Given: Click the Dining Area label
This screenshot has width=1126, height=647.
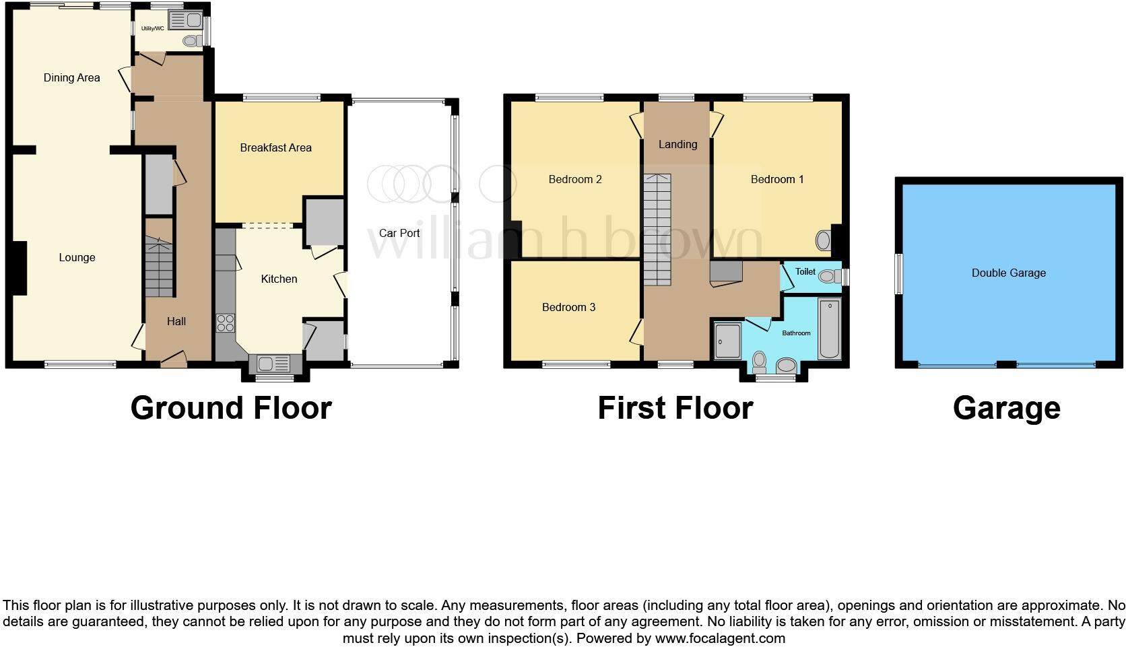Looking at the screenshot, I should [71, 77].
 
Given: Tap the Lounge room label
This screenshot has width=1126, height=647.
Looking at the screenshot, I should [77, 257].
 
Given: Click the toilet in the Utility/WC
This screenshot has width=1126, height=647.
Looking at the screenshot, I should [191, 41].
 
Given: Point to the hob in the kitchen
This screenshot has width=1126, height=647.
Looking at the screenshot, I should [225, 323].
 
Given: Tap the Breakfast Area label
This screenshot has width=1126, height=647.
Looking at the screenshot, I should [275, 147].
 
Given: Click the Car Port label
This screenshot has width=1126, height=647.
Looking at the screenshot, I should [399, 233].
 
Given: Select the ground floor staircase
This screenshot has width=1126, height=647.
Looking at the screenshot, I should [160, 268].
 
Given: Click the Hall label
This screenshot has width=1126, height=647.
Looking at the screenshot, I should [176, 321].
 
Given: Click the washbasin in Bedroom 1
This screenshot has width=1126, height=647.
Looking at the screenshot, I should [823, 240].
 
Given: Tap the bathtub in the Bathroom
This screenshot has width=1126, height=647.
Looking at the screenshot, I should [828, 329].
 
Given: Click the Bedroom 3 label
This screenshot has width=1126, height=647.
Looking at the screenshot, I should [568, 307].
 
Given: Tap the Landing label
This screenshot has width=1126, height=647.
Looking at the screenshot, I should [677, 144].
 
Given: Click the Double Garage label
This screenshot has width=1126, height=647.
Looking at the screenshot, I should [1008, 273].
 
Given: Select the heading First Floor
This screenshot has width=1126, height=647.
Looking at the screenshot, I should [675, 408].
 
